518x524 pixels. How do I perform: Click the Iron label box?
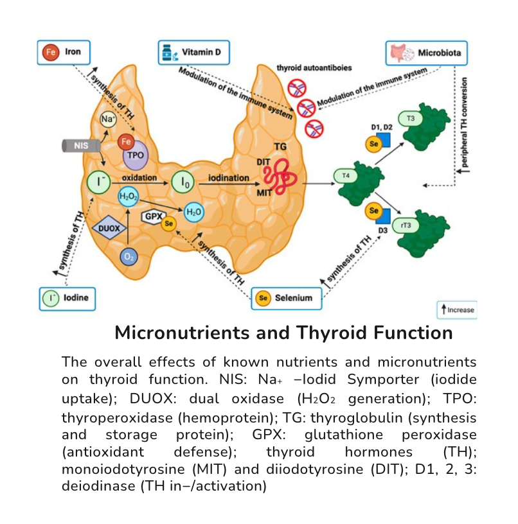coord(62,52)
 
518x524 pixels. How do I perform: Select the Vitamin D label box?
coord(193,52)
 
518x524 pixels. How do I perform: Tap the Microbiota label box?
coord(427,52)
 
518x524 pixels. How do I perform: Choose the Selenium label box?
coord(286,298)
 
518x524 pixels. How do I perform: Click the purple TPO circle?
coord(134,155)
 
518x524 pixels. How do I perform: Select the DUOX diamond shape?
coord(107,227)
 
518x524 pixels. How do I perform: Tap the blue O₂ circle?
coord(129,257)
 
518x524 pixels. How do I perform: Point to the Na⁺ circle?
coord(108,119)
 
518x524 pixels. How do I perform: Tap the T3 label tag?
coord(410,119)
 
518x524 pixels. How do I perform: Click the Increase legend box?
coord(457,310)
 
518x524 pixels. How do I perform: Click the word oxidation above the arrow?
coord(139,177)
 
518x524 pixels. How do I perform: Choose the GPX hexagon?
coord(152,217)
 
